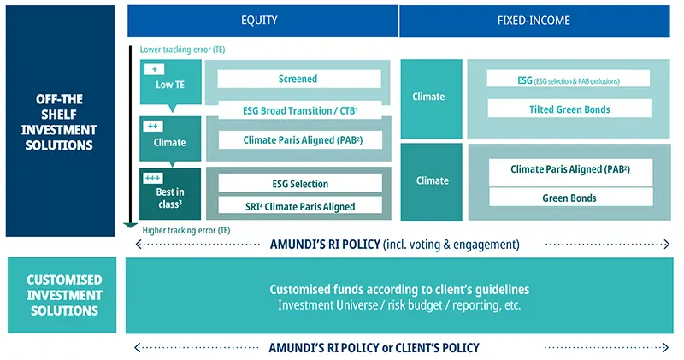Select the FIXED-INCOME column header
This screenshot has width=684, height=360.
(x=536, y=21)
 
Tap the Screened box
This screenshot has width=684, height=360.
(x=298, y=79)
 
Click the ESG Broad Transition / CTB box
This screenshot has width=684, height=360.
(x=298, y=110)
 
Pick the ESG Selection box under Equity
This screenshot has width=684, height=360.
(x=299, y=183)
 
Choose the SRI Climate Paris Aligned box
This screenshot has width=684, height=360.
(x=299, y=206)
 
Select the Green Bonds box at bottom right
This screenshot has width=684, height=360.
(x=569, y=198)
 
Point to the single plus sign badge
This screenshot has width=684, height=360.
(x=155, y=69)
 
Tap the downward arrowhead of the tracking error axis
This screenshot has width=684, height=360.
(x=130, y=226)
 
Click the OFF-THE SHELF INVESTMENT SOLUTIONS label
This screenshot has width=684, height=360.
(x=60, y=121)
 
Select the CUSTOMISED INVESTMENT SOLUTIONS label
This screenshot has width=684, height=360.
(x=64, y=295)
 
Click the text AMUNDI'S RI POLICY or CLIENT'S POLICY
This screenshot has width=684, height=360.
(x=374, y=348)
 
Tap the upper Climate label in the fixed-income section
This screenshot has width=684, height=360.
(x=428, y=97)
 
